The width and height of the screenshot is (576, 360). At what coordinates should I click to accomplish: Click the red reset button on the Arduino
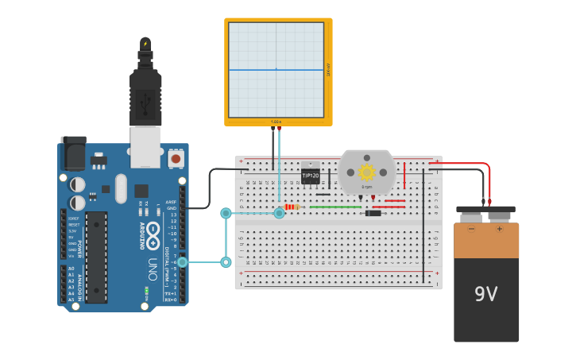click(x=176, y=159)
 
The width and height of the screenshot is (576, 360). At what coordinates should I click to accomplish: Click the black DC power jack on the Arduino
click(x=73, y=153)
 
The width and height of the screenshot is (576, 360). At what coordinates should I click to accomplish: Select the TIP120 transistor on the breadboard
click(x=310, y=175)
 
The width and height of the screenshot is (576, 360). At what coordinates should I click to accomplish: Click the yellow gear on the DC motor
click(x=366, y=172)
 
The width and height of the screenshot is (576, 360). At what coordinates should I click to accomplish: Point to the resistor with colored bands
click(x=292, y=207)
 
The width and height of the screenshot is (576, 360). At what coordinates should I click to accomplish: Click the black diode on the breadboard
click(x=373, y=213)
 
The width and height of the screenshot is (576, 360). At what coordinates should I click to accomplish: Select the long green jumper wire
click(x=334, y=207)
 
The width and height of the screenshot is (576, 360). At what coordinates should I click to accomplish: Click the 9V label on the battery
click(x=485, y=294)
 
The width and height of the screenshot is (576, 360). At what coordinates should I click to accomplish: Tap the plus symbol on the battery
click(x=500, y=229)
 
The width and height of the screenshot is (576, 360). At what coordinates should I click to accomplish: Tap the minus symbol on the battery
click(x=471, y=229)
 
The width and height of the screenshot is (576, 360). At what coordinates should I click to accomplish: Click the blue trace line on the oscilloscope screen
click(x=254, y=69)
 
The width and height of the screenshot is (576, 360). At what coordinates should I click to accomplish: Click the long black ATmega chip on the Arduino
click(x=96, y=256)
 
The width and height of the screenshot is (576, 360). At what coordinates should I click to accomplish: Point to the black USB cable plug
click(x=145, y=95)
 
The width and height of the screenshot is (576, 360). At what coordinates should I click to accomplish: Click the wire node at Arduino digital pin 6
click(x=182, y=262)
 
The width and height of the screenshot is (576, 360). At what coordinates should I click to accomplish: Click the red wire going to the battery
click(x=488, y=179)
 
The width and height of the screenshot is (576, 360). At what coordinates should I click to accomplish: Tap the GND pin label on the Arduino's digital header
click(x=172, y=208)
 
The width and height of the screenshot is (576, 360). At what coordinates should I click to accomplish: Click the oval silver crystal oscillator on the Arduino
click(x=121, y=188)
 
